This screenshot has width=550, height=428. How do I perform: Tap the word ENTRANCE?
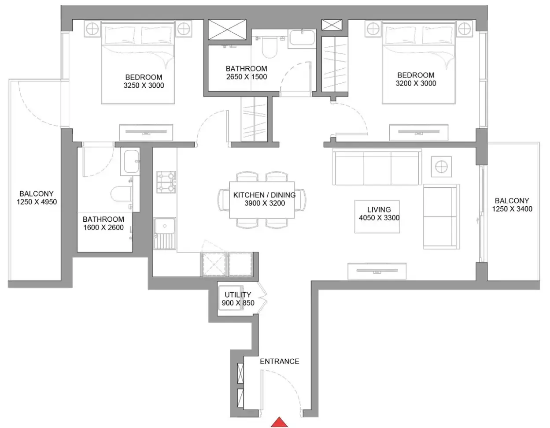280,361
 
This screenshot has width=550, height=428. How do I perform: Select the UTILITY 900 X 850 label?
238,299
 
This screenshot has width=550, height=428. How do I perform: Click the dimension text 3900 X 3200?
265,203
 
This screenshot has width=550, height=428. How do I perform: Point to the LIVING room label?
379,210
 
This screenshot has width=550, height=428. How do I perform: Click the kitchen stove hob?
166,182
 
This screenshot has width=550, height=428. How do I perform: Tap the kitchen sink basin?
165,226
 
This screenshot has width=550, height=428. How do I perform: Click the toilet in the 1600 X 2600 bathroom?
122,194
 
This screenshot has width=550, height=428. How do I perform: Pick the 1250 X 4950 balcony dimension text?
37,202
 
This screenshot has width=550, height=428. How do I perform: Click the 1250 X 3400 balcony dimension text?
512,209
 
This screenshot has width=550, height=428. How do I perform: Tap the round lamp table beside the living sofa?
441,167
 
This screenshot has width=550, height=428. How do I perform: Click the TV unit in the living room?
377,271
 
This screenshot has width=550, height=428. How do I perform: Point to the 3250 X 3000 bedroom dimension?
144,86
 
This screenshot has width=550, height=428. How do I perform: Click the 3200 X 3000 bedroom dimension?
416,83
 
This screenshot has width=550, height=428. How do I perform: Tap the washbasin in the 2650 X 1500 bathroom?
302,39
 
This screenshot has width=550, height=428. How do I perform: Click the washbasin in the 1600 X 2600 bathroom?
130,161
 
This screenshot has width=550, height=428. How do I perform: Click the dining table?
262,200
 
